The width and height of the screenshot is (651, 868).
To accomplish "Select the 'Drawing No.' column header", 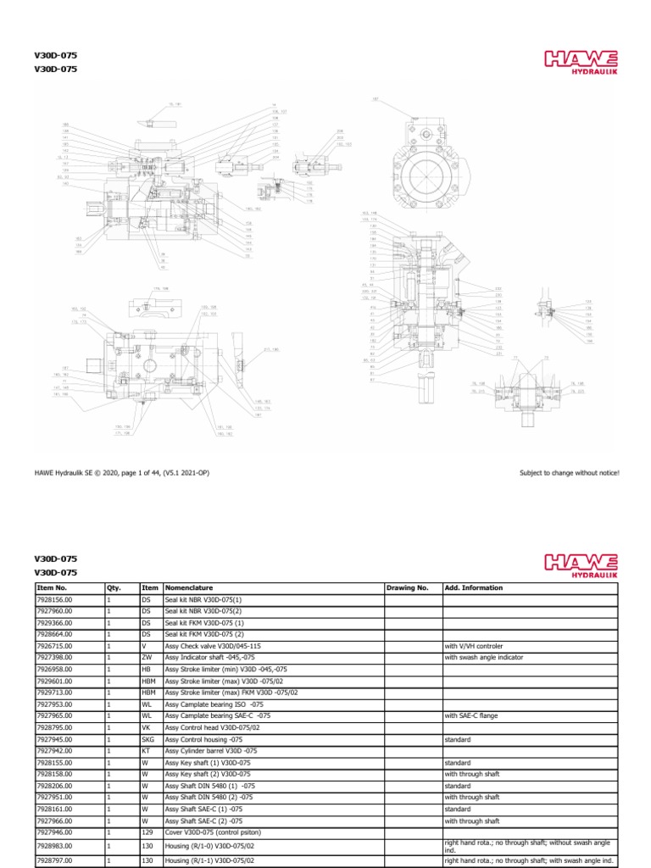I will tap(408, 587).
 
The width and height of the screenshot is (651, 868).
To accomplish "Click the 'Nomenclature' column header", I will tap(188, 587).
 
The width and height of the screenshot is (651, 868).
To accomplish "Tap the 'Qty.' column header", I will tap(114, 587).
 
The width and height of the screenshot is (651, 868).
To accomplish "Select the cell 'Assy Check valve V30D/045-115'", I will tap(209, 645).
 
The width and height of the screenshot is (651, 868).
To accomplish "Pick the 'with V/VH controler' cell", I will tap(474, 645).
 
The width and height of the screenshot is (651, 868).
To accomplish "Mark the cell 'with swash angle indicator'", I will tap(482, 657).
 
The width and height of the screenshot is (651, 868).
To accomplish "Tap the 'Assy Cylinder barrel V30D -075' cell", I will tap(211, 751).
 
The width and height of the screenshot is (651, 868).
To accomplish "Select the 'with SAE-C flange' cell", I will tap(471, 715).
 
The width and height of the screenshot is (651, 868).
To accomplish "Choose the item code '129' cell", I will tap(147, 833).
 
